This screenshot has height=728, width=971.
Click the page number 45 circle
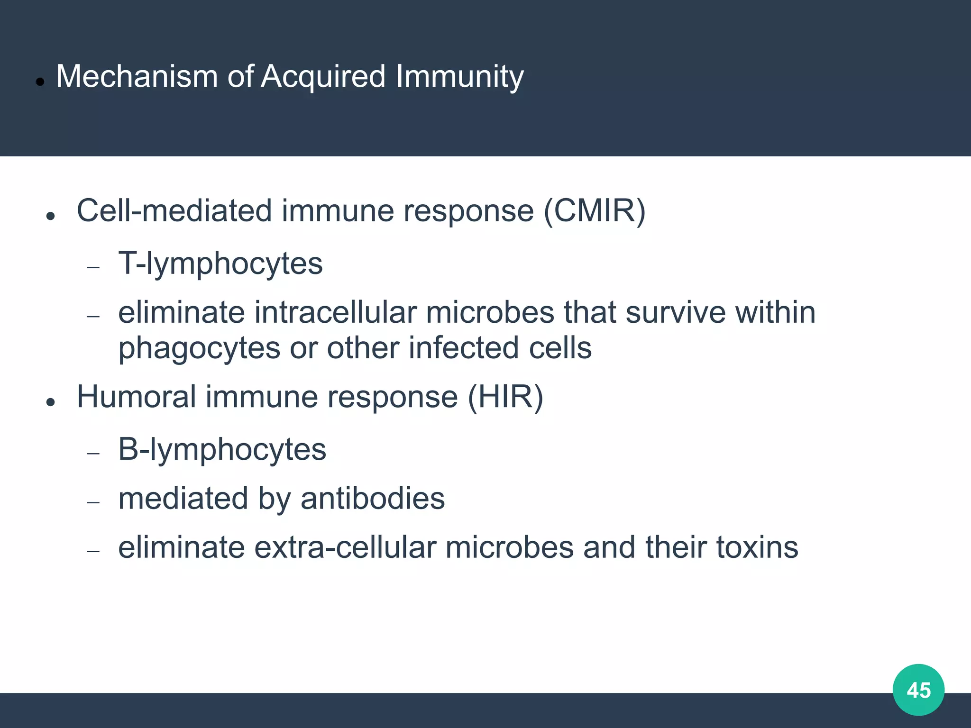[x=918, y=690]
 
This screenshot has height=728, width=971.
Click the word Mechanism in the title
[x=137, y=76]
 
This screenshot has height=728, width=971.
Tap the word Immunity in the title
[x=459, y=76]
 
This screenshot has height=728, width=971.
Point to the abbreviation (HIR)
[x=505, y=397]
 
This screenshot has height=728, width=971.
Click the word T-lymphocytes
[x=220, y=264]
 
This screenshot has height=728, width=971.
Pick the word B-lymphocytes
[x=222, y=450]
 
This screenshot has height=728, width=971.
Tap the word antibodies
[x=373, y=499]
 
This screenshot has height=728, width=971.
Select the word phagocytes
[x=199, y=348]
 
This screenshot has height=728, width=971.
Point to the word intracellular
[x=335, y=313]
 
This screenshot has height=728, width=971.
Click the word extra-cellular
[x=345, y=547]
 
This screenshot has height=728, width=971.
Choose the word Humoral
[x=136, y=397]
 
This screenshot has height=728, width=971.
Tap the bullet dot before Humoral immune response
[x=51, y=402]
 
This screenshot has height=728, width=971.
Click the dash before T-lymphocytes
[x=93, y=268]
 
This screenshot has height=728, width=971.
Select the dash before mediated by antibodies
[x=93, y=503]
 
